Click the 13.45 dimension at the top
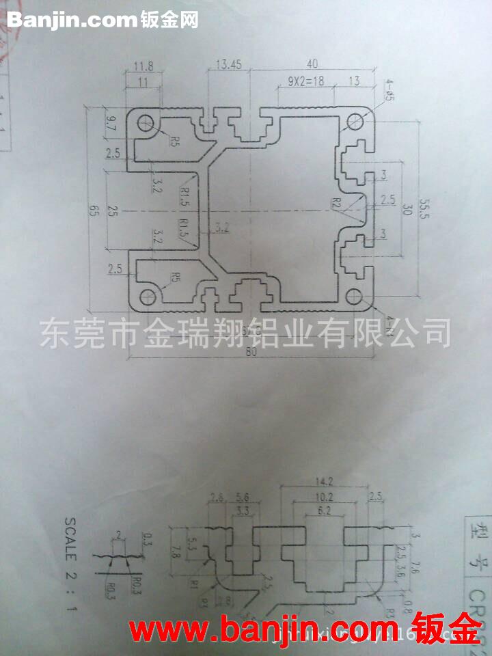228,65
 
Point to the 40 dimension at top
312,64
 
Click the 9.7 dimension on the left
112,124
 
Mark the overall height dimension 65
92,210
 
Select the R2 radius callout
336,202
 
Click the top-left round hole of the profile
146,124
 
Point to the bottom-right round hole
353,296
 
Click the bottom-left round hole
146,296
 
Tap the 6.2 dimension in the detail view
325,510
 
